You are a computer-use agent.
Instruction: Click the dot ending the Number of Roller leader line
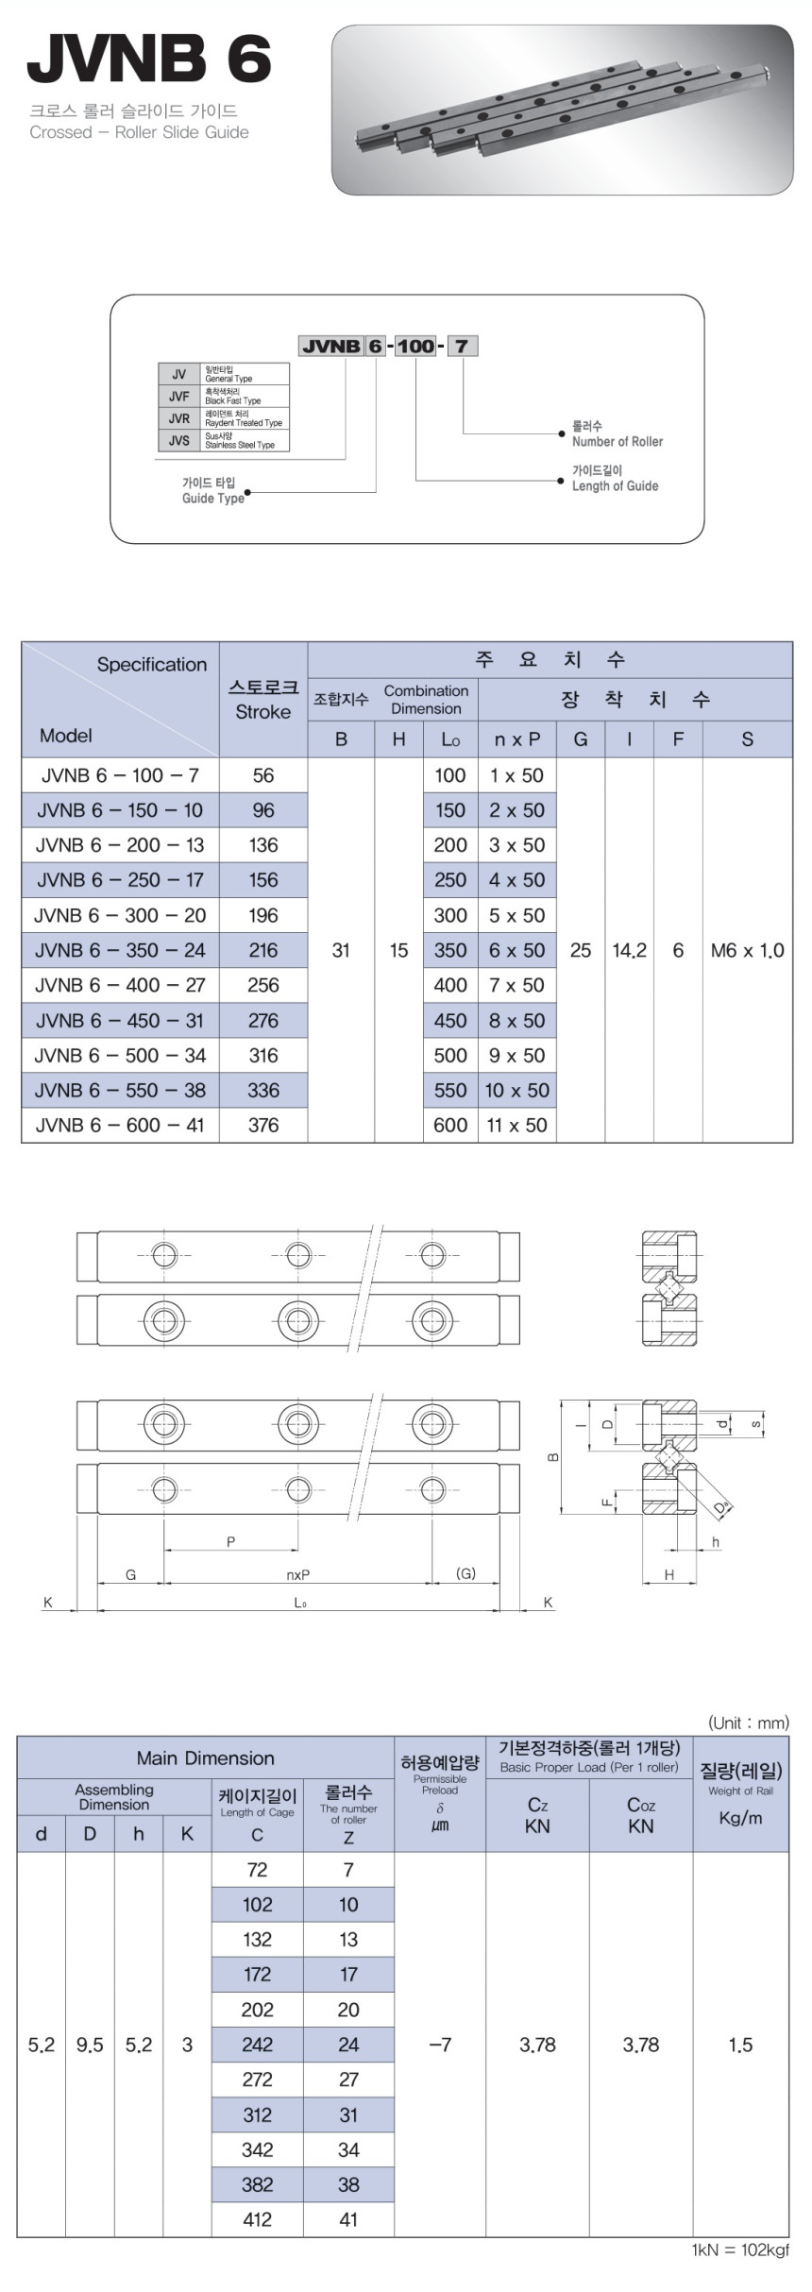[x=562, y=433]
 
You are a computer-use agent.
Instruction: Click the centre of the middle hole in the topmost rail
[x=298, y=1255]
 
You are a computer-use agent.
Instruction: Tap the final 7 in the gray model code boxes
[x=461, y=346]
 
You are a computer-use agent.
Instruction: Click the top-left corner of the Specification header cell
[x=22, y=643]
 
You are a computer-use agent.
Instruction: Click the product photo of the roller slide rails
[x=563, y=110]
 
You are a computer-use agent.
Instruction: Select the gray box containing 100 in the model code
[x=415, y=346]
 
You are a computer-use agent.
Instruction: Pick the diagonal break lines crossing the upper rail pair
[x=373, y=1286]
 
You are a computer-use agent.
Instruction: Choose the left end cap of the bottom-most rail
[x=87, y=1489]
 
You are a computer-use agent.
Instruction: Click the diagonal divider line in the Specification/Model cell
[x=121, y=700]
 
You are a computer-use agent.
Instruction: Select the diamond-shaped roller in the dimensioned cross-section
[x=669, y=1458]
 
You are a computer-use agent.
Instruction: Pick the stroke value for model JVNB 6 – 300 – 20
[x=263, y=915]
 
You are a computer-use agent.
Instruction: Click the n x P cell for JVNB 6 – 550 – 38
[x=516, y=1090]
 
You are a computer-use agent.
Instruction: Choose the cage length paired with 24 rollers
[x=258, y=2045]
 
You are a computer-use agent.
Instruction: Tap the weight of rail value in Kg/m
[x=740, y=2045]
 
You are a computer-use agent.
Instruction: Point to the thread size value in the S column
[x=748, y=950]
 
